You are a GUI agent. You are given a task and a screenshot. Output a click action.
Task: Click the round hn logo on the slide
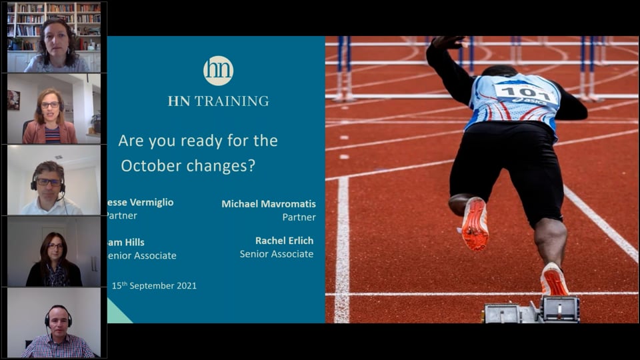[x=218, y=71]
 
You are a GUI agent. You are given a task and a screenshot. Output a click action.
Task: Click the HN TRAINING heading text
[x=218, y=101]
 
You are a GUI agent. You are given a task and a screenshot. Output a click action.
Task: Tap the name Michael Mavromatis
[x=268, y=203]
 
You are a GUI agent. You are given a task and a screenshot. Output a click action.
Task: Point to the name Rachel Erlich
[x=284, y=241]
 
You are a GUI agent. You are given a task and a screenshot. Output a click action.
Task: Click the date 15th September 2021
[x=154, y=286]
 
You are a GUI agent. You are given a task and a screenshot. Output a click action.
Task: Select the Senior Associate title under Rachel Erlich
[x=276, y=254]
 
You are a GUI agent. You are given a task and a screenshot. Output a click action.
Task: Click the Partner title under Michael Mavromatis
[x=299, y=217]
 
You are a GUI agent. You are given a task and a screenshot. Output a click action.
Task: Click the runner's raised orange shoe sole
[x=474, y=225]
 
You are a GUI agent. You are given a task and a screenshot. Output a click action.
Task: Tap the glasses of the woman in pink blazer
[x=50, y=105]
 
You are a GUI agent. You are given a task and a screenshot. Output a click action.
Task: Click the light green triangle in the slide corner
[x=117, y=313]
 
